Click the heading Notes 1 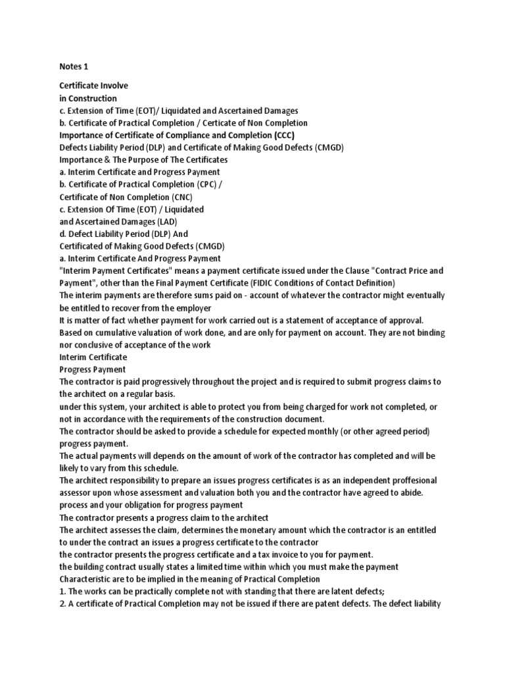coord(74,66)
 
